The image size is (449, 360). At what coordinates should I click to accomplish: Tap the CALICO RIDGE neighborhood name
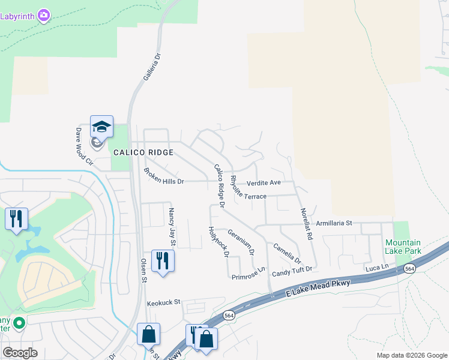(143, 152)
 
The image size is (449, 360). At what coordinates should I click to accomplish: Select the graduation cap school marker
(101, 127)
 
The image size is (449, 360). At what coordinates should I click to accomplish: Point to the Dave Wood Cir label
(84, 146)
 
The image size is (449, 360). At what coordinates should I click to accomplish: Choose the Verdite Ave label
(264, 182)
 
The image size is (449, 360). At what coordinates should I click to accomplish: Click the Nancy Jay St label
(172, 227)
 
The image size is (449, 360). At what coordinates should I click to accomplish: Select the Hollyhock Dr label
(218, 241)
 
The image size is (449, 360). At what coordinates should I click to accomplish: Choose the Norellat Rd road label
(306, 224)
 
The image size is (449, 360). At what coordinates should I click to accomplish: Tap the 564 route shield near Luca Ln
(410, 269)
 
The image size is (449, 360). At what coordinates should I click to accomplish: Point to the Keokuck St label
(164, 304)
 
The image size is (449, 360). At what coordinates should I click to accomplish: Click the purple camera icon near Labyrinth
(43, 15)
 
